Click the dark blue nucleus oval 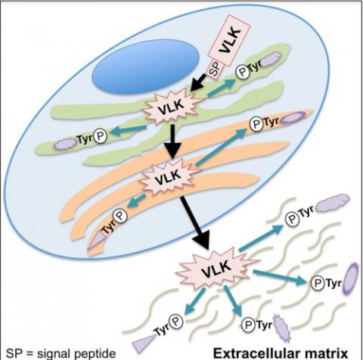pyautogui.click(x=146, y=67)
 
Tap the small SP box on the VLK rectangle pyautogui.click(x=214, y=70)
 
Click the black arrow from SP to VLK pyautogui.click(x=199, y=82)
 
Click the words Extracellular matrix pyautogui.click(x=281, y=353)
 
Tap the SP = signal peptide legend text pyautogui.click(x=60, y=353)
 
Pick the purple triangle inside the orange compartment pyautogui.click(x=96, y=241)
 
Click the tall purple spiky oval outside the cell pyautogui.click(x=351, y=279)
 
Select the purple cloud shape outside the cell pyautogui.click(x=332, y=203)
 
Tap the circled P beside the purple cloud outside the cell pyautogui.click(x=293, y=219)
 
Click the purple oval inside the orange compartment pyautogui.click(x=293, y=117)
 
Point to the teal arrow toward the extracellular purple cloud pyautogui.click(x=262, y=237)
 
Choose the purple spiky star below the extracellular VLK pyautogui.click(x=282, y=327)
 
